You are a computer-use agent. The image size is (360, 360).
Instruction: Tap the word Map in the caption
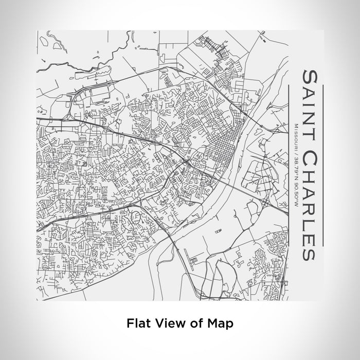click(223, 323)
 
